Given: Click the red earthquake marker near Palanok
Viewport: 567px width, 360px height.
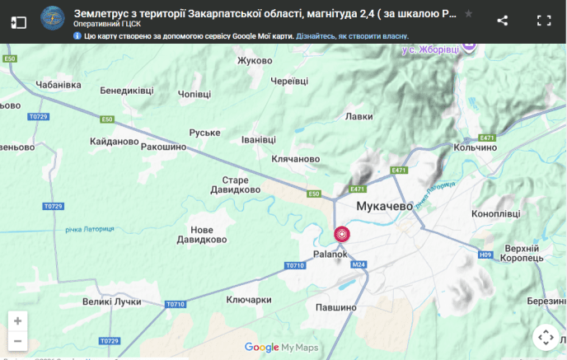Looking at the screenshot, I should tap(341, 235).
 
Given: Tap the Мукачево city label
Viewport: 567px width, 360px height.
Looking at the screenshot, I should tap(384, 207).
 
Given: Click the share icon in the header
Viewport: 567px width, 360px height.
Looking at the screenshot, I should tap(503, 21).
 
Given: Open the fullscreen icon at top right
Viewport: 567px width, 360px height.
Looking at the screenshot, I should tap(544, 21).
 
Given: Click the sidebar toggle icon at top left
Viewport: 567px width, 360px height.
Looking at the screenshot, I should tap(19, 21).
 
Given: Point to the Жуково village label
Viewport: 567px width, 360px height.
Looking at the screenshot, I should tap(255, 60).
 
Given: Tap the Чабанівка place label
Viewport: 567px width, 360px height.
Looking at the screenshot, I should tap(60, 84).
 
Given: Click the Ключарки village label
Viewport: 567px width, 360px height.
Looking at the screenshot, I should tap(248, 300).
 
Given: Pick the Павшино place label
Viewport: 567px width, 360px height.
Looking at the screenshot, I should tap(335, 307).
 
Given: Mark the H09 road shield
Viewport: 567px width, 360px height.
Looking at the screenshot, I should tap(485, 255).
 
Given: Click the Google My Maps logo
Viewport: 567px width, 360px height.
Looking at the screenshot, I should tap(281, 348).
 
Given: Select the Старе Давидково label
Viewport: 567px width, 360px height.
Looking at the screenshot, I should tap(241, 185).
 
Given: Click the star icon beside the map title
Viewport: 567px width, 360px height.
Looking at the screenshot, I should tap(469, 14).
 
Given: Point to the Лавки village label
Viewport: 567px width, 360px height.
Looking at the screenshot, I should tap(359, 116).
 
